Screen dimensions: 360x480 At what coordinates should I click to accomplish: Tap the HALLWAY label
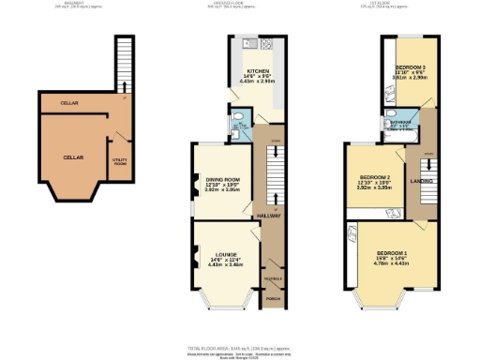(270, 216)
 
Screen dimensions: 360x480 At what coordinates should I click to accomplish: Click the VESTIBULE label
(272, 279)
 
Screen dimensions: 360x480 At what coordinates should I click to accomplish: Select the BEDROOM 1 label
(392, 253)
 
